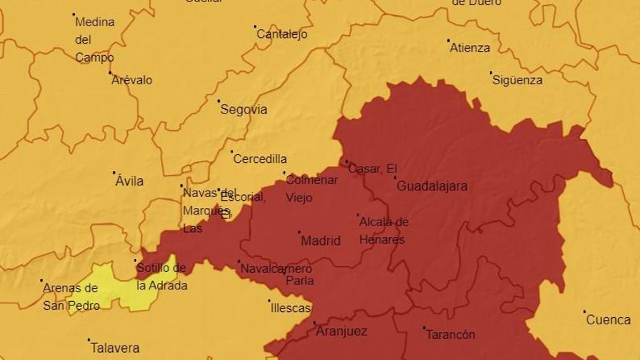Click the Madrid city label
321,241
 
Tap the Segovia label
244,110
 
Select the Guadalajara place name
432,186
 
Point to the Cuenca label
608,320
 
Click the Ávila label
129,181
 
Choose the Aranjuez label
341,332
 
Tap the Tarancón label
450,335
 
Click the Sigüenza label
517,80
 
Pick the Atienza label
470,48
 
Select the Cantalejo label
282,34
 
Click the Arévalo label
132,80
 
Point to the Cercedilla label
260,159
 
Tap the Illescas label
291,308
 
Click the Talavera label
115,348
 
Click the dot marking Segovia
218,101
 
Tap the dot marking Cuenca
584,312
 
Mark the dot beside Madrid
299,233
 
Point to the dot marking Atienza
448,41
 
